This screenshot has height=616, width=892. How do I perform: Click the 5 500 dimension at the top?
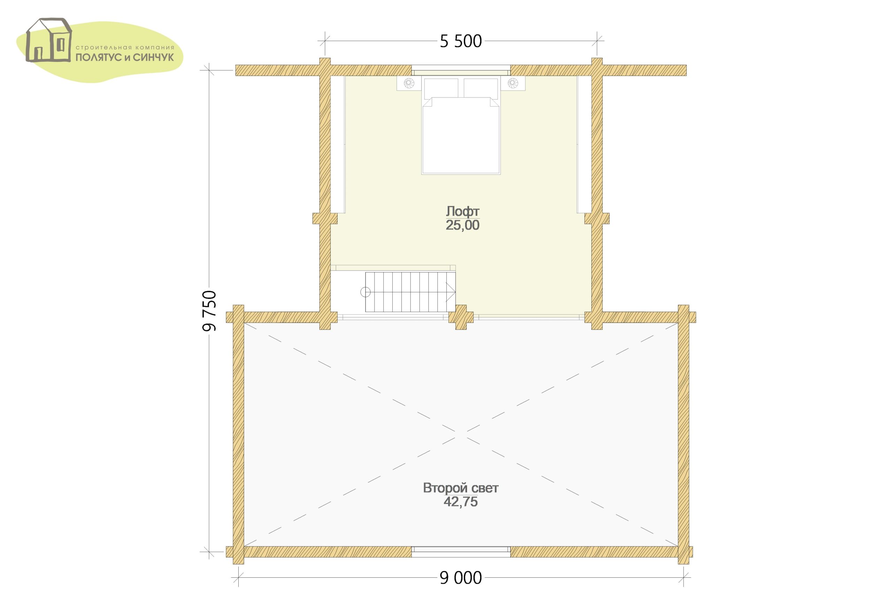[x=461, y=41]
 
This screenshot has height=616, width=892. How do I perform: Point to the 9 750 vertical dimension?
[x=209, y=311]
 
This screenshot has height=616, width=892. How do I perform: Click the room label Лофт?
[x=462, y=211]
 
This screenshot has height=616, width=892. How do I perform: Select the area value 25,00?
[x=462, y=225]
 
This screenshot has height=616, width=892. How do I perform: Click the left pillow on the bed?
[x=441, y=88]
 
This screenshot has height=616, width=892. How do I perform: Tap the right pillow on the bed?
[x=480, y=88]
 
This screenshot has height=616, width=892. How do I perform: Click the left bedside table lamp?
[x=409, y=82]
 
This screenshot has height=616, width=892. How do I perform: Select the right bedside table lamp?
[x=513, y=82]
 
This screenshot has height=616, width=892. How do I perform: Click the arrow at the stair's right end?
[x=451, y=292]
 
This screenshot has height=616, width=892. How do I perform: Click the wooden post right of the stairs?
[x=461, y=317]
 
